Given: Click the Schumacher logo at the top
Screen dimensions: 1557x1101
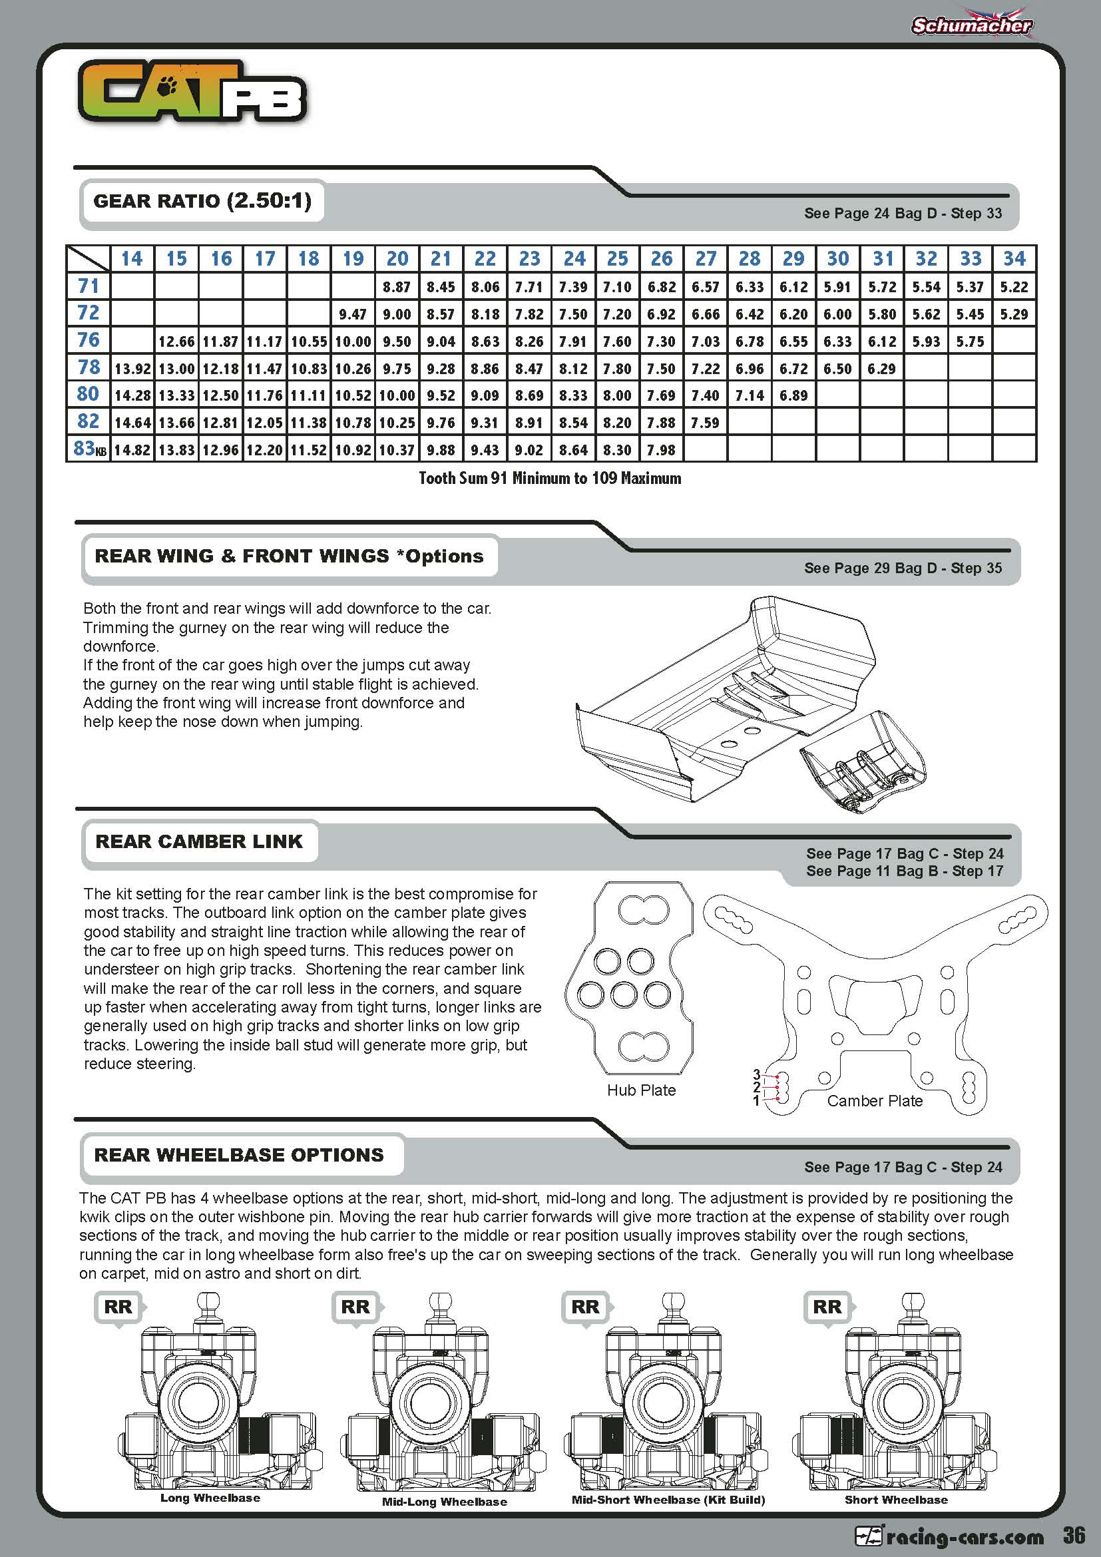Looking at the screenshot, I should coord(971,25).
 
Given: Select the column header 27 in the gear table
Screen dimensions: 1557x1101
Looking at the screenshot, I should coord(705,258).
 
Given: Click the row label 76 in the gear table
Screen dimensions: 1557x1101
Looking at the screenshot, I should coord(88,339).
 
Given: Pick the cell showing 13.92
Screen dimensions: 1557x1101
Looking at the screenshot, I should coord(132,369).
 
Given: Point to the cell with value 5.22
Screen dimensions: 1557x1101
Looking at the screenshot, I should coord(1014,288).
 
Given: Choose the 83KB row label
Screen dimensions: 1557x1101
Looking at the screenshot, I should coord(89,449).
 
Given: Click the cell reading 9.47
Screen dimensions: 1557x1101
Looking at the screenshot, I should coord(353,315).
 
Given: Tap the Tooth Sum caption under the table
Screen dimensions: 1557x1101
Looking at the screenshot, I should coord(550,478).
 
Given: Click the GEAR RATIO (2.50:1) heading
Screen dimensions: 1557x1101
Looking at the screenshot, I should coord(202,201).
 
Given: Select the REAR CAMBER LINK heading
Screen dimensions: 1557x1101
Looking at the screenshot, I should coord(198,841).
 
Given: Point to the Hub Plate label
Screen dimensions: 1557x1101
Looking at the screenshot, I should coord(640,1090).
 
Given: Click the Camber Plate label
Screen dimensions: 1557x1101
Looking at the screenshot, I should coord(875,1101).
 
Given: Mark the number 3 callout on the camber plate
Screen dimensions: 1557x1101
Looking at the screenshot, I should coord(757,1074).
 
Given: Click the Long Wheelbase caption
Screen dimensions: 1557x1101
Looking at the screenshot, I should coord(210,1498).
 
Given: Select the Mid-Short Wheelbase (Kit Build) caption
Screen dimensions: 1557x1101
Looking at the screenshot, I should coord(668,1500).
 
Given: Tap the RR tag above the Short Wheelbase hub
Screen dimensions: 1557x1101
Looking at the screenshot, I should coord(827,1307).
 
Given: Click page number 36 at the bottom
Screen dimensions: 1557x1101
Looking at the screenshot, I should coord(1074,1535).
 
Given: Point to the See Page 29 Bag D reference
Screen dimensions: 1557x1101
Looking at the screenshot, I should coord(903,568).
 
